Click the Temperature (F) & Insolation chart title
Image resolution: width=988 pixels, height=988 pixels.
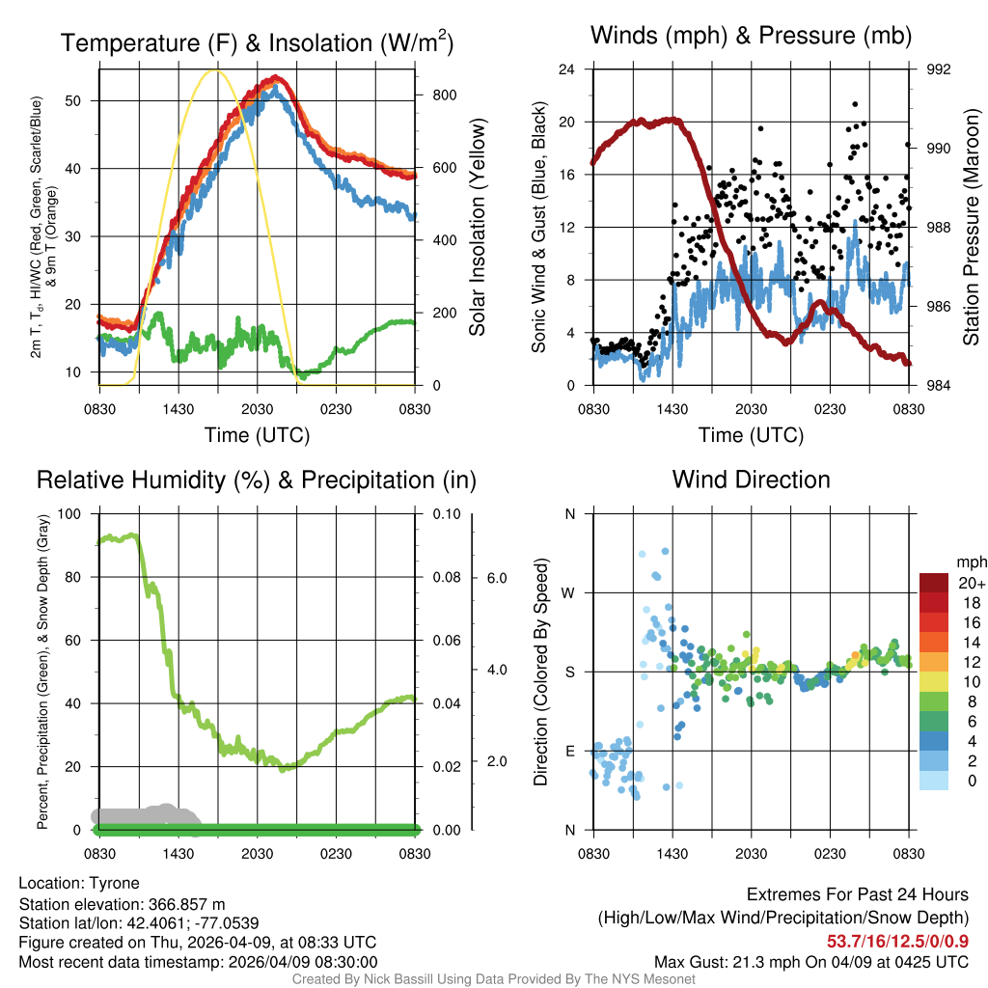tap(257, 42)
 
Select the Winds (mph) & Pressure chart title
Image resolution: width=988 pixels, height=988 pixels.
tap(751, 36)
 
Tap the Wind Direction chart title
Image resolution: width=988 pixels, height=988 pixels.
tap(751, 480)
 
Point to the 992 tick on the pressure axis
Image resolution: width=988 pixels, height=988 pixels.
tap(939, 69)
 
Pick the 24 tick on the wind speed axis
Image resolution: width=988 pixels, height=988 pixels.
tap(567, 69)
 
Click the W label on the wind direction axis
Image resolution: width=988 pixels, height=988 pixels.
tap(570, 592)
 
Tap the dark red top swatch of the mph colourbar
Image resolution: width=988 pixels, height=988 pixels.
tap(935, 583)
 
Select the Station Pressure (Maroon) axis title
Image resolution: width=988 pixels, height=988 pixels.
tap(972, 227)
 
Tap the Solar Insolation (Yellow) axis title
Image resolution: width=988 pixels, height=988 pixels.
tap(477, 227)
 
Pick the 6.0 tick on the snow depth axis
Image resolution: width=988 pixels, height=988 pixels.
tap(496, 577)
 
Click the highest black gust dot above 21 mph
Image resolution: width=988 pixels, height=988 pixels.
tap(855, 103)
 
